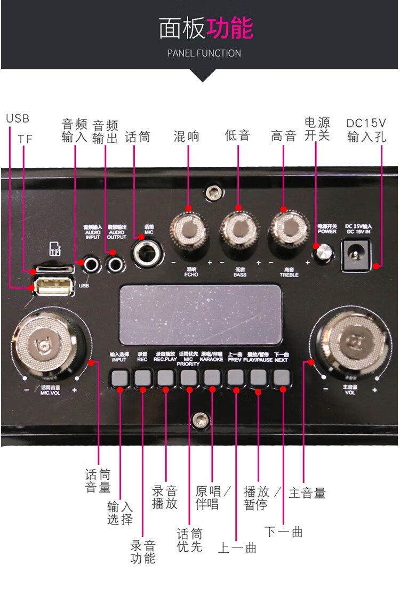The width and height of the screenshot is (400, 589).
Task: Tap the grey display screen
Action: (x=200, y=314)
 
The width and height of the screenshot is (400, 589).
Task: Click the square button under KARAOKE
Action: (x=212, y=378)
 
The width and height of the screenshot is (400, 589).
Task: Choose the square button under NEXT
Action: (x=281, y=377)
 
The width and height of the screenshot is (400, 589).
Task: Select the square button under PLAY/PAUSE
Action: (x=258, y=377)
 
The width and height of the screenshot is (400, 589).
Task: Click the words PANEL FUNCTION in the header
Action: (x=204, y=53)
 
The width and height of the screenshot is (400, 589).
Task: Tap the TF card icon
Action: (x=54, y=248)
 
